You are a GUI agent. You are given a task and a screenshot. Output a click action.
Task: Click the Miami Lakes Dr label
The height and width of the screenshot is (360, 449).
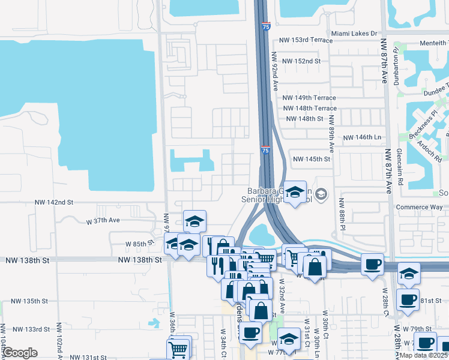point(354,33)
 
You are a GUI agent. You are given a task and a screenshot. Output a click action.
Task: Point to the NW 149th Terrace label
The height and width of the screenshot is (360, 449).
point(309,98)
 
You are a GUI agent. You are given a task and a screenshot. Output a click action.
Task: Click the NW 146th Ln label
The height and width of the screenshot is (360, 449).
point(362,137)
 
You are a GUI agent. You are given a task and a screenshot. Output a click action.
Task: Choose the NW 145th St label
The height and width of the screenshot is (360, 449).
point(311,159)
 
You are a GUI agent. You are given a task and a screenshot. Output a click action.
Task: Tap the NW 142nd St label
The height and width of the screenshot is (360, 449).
point(53,203)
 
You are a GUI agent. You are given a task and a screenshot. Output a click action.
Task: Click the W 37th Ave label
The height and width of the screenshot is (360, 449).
point(104,220)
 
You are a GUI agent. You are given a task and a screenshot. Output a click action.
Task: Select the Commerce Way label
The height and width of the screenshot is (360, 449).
point(420,207)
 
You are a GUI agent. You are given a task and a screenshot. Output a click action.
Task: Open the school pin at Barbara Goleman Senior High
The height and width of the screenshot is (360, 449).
point(295,193)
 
